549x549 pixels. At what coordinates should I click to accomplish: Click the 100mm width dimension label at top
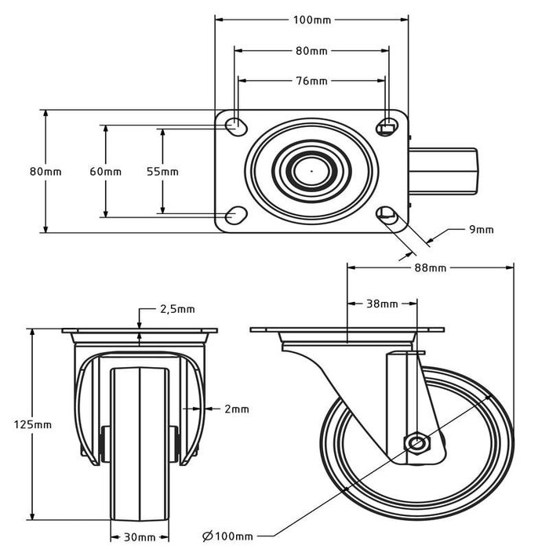311,19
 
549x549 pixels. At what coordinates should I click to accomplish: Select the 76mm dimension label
311,80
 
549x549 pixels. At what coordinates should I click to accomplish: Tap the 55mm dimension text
162,171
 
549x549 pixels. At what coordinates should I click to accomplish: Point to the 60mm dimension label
105,171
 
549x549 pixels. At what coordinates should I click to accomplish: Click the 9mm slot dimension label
481,229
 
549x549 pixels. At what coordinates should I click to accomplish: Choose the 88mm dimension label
430,267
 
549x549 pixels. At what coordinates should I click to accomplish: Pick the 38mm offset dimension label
382,303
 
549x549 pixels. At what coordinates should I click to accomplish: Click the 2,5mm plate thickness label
176,309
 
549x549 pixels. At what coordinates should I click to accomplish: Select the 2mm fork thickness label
236,409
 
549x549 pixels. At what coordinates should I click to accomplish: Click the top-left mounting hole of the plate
235,125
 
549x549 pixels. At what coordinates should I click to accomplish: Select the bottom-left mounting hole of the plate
235,215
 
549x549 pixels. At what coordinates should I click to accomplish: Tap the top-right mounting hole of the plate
387,125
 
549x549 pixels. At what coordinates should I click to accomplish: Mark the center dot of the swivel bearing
311,169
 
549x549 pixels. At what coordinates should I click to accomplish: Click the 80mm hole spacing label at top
311,51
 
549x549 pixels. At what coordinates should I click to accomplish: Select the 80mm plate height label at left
45,171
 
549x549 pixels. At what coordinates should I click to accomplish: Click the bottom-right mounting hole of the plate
387,214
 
